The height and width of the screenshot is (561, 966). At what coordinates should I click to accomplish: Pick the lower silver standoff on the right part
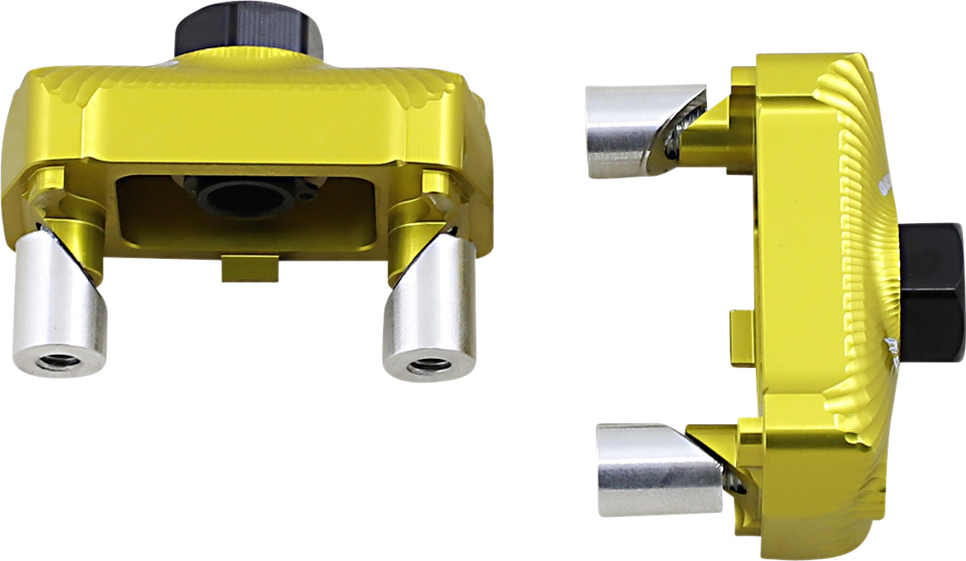pyautogui.click(x=656, y=470)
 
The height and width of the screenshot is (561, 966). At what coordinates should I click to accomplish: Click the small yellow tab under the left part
pyautogui.click(x=249, y=270)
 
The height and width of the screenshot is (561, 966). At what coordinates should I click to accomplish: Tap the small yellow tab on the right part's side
pyautogui.click(x=742, y=337)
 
